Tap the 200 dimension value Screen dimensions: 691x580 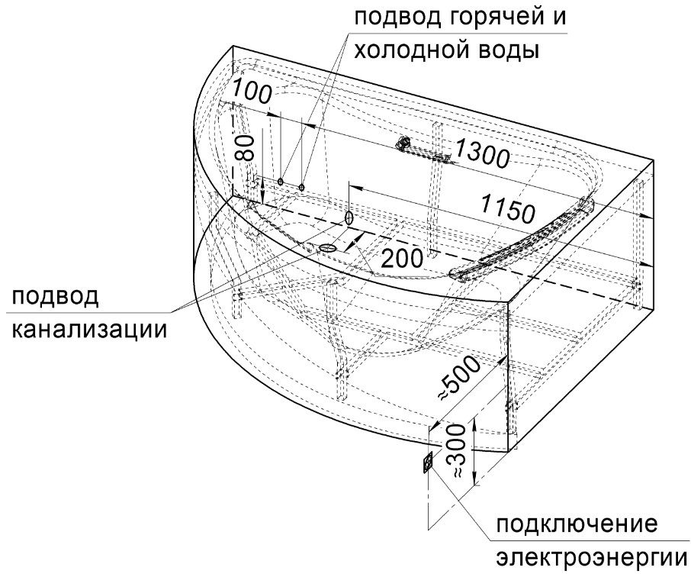pos(401,259)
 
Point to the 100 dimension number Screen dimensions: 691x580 pos(251,91)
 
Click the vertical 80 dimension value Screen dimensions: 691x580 pos(245,148)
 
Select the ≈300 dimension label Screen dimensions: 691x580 pos(457,451)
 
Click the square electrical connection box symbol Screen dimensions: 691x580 pos(428,462)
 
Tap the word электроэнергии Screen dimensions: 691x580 pos(592,559)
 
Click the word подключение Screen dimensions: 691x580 pos(577,525)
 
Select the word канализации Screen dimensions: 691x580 pos(89,329)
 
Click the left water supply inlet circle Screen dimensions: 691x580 pos(280,182)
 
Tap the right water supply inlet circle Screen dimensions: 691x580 pos(301,187)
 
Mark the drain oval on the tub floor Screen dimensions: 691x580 pos(327,247)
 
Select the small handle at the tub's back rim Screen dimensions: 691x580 pos(403,143)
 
